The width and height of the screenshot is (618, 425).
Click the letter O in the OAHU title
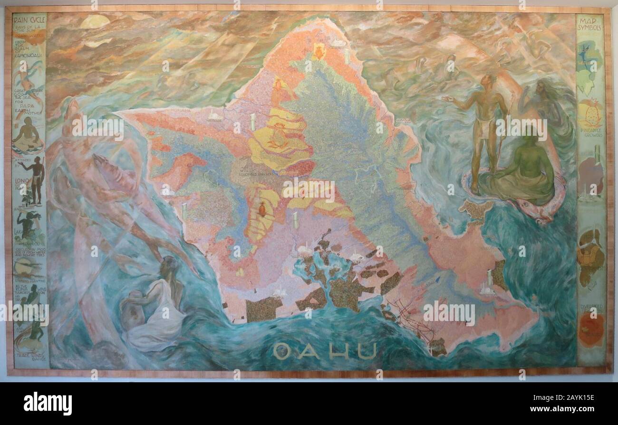(x=282, y=352)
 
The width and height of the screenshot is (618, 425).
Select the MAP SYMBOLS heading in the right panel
(x=590, y=25)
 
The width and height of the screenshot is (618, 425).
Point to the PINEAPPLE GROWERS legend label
(x=590, y=132)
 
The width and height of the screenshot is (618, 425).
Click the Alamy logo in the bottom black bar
(x=48, y=403)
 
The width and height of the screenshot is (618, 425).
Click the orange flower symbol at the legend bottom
(x=590, y=329)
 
